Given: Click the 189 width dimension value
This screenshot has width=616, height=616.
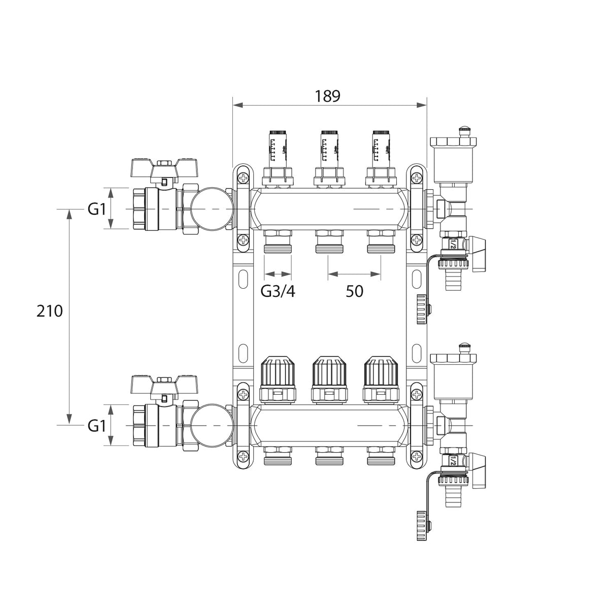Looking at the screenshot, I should coord(327,96).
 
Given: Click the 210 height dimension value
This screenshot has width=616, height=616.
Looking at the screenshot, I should coord(50,311).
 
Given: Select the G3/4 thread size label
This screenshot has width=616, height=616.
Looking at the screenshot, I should coord(278,291).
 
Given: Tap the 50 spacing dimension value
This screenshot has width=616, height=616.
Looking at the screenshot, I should coord(354,291).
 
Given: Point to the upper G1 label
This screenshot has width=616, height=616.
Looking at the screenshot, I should coord(96,209).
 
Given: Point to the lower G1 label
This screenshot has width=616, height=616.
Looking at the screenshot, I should coord(96,426).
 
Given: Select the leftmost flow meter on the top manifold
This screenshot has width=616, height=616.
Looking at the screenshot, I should coord(278,147).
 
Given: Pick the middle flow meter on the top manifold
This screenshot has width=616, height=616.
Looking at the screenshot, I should coord(329,147).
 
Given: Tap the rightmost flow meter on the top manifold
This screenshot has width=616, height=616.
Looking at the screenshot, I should coord(380,147).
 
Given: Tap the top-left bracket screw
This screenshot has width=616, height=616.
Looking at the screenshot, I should coord(244,178).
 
